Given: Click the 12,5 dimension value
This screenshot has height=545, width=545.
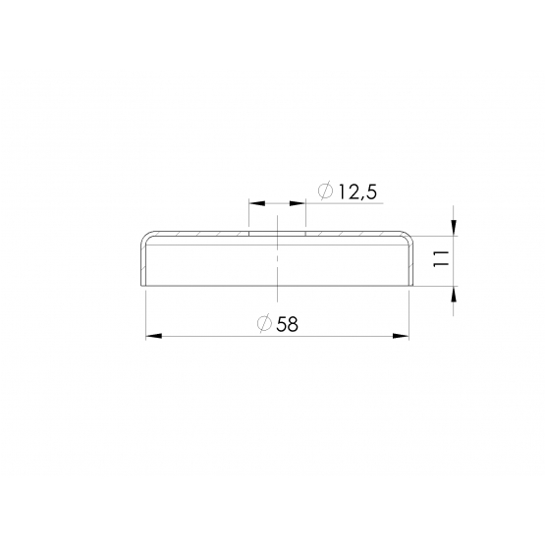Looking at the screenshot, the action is (357, 191).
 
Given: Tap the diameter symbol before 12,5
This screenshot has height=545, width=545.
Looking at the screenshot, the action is (326, 191).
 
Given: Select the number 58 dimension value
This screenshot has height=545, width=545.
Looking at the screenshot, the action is (288, 324).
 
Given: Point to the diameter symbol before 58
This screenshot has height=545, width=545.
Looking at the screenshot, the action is (264, 324).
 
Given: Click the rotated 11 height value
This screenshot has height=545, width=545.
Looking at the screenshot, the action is (442, 258).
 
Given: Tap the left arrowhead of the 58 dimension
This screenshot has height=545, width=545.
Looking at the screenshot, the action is (153, 336).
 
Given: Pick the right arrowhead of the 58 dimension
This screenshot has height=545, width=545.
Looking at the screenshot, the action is (401, 336).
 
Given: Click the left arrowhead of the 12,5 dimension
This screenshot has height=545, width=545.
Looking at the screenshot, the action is (257, 203).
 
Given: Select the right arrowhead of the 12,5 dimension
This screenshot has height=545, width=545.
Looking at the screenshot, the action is (298, 203).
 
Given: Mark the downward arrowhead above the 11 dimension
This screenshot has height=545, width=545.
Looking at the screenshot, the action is (454, 227).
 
